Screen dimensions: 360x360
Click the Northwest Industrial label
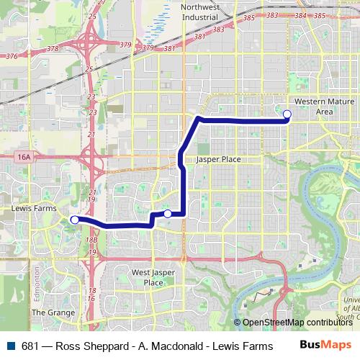click(201, 12)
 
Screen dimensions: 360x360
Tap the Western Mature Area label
click(314, 107)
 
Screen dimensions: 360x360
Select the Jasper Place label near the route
click(218, 159)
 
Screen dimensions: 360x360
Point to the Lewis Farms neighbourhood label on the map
click(34, 209)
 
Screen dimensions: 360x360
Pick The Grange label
click(53, 313)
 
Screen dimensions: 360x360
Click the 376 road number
click(11, 55)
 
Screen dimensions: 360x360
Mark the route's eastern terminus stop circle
click(287, 114)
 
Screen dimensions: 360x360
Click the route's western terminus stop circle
click(74, 220)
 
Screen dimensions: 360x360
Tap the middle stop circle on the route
click(168, 213)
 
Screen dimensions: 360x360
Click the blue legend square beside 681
click(9, 345)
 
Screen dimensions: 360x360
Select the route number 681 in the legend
click(30, 345)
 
